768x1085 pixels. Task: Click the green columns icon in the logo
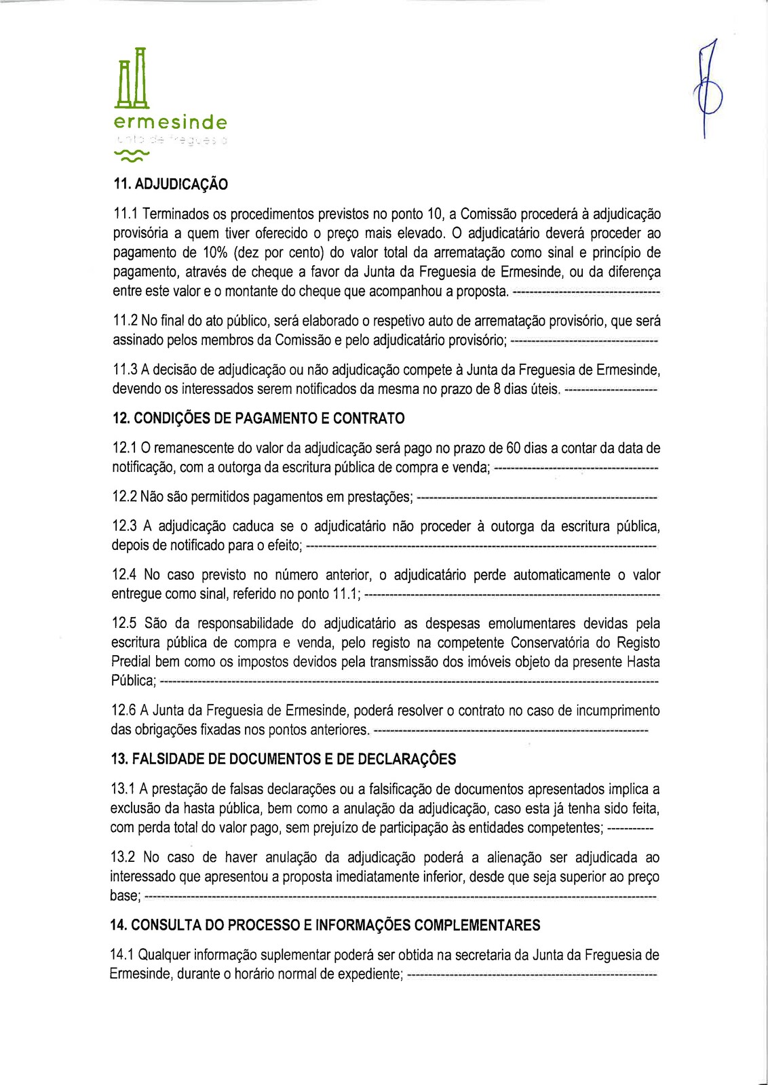tap(132, 78)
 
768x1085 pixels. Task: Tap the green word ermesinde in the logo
tap(170, 123)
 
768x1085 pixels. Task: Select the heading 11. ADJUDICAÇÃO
tap(170, 184)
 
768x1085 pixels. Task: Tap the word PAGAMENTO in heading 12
tap(271, 418)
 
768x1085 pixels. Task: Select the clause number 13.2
tap(123, 858)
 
